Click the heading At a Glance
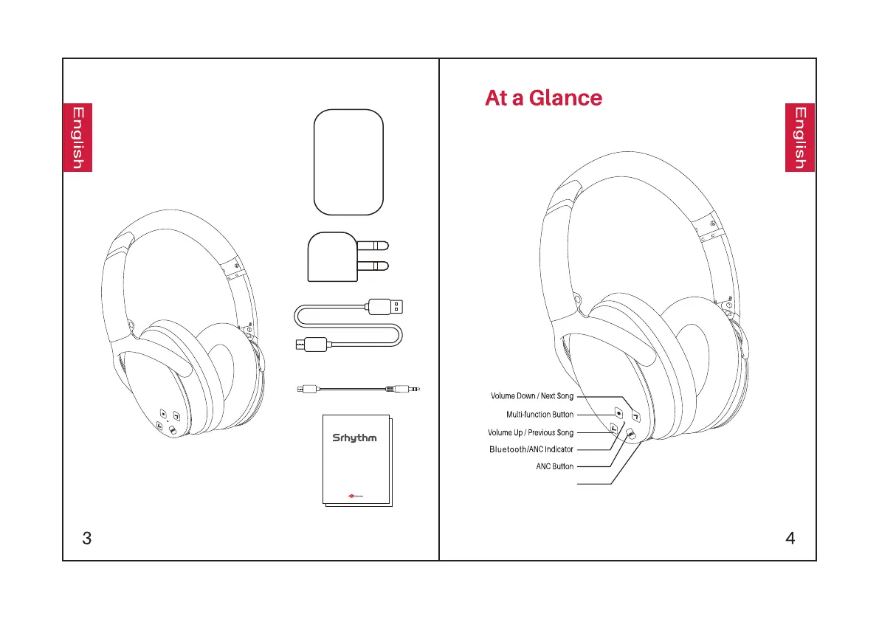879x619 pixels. (x=543, y=98)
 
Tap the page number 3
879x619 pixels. (x=87, y=538)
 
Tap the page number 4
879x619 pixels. (x=790, y=538)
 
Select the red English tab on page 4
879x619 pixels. (x=800, y=138)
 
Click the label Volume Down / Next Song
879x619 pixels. (x=532, y=396)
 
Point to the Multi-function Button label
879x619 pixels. (x=540, y=415)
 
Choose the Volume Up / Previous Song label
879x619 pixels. (x=531, y=432)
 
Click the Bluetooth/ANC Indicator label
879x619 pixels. (x=531, y=449)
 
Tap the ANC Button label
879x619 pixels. (x=554, y=466)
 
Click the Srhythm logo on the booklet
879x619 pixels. (x=353, y=438)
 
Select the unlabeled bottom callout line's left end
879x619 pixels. (x=578, y=484)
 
